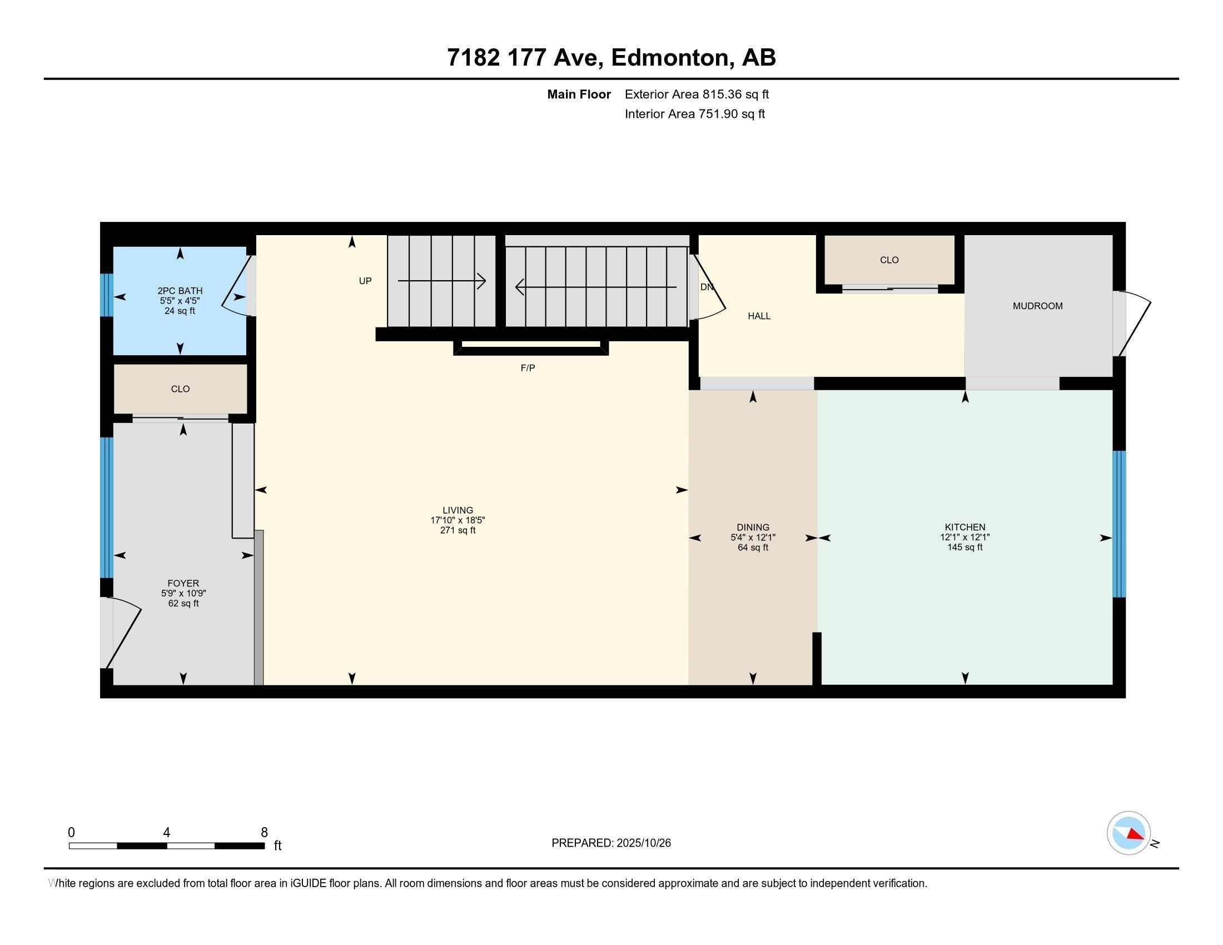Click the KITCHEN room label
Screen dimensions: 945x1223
pos(965,527)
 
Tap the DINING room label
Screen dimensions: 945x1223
pos(753,527)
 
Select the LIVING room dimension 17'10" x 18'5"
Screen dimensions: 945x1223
pos(458,520)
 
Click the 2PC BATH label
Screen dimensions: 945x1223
pos(180,291)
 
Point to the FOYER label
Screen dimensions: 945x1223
pos(183,583)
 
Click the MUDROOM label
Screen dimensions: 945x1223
pos(1037,306)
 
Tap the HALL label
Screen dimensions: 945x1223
pos(759,316)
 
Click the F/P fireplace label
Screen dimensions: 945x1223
pos(528,368)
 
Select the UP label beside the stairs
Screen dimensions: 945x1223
pos(365,281)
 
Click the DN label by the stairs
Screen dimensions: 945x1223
pos(707,287)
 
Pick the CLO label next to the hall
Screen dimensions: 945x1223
pos(889,260)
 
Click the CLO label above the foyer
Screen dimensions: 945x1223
pos(180,389)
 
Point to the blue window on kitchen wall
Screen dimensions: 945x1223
pos(1118,524)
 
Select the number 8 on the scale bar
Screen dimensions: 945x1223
pos(264,832)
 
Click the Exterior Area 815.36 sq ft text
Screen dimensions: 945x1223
pos(697,94)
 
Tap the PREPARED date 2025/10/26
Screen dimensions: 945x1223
pos(643,843)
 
